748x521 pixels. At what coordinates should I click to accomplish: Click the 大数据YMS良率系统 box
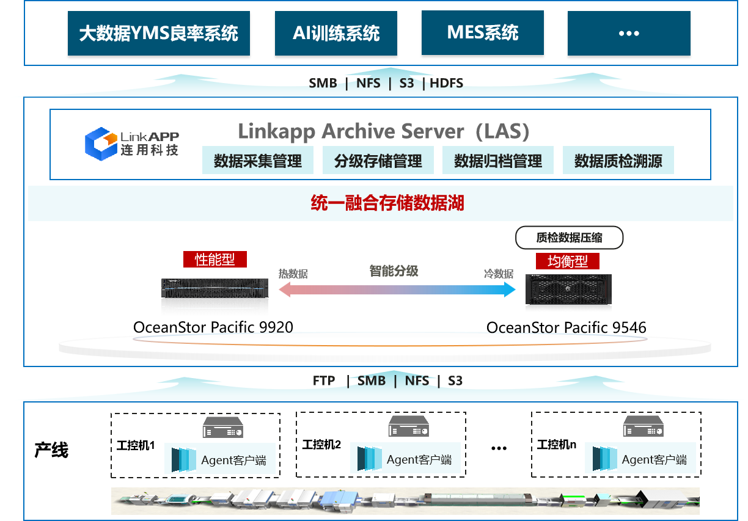[x=159, y=33]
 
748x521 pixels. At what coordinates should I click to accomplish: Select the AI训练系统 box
[x=336, y=33]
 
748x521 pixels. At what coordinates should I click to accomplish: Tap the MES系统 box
[x=482, y=32]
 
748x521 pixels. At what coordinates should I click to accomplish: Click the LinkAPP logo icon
[x=100, y=144]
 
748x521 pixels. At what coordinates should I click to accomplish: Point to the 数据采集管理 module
[x=258, y=161]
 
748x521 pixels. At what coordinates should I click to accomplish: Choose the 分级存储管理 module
[x=378, y=161]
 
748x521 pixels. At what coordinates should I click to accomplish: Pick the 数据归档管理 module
[x=498, y=161]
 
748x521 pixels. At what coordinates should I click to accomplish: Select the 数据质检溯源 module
[x=618, y=161]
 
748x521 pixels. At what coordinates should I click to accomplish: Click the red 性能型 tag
[x=215, y=259]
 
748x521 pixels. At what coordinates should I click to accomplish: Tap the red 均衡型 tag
[x=567, y=261]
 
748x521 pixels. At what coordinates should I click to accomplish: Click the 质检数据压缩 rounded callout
[x=569, y=238]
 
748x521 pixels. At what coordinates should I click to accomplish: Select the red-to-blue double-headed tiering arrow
[x=397, y=290]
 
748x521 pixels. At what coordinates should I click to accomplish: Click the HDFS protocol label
[x=447, y=83]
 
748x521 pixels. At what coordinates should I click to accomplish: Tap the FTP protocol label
[x=324, y=381]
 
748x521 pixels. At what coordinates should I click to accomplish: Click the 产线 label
[x=51, y=451]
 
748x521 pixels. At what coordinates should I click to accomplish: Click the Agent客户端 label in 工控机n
[x=654, y=460]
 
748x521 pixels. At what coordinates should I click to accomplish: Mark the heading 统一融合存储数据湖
[x=387, y=203]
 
